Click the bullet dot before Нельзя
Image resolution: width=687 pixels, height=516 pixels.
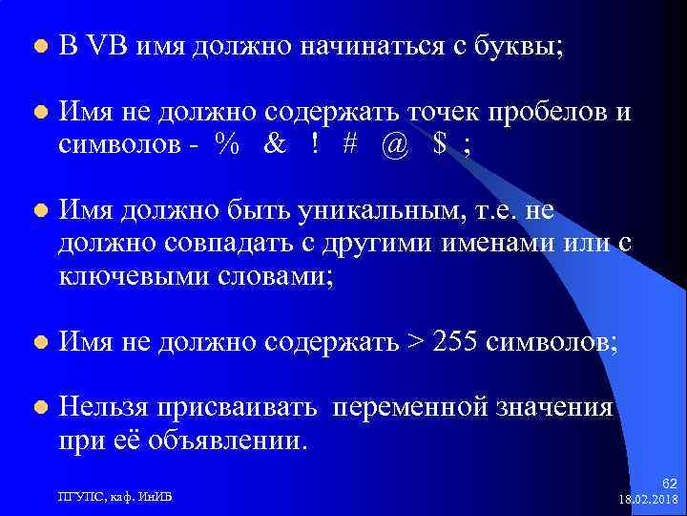pyautogui.click(x=38, y=408)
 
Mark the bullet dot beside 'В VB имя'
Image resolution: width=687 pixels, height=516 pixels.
pyautogui.click(x=38, y=46)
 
